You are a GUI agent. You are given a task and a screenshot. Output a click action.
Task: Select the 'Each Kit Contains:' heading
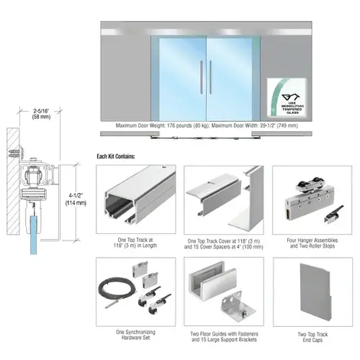[120, 156]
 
